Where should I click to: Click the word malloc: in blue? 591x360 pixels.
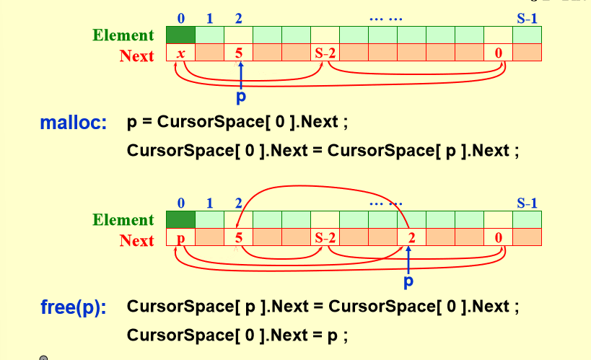click(x=74, y=123)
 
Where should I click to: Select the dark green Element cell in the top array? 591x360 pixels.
click(x=180, y=35)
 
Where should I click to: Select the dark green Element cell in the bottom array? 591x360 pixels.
click(x=180, y=220)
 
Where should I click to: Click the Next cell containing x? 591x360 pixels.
click(x=180, y=53)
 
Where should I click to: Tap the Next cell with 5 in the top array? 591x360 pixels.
click(x=238, y=53)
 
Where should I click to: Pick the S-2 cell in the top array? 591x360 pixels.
click(x=325, y=53)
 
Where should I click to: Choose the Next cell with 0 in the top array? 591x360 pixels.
click(x=498, y=53)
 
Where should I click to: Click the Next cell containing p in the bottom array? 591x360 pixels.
click(x=180, y=238)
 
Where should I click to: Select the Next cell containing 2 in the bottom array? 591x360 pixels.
click(x=411, y=238)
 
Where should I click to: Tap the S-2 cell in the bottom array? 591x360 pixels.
click(x=325, y=238)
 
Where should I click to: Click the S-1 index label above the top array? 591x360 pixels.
click(x=527, y=18)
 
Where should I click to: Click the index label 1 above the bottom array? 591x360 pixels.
click(x=209, y=203)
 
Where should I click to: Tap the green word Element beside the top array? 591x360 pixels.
click(x=123, y=35)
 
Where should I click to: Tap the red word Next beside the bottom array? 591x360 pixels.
click(x=137, y=240)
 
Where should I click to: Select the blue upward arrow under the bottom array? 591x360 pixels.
click(x=408, y=260)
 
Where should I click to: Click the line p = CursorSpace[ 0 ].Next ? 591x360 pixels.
click(x=237, y=122)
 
